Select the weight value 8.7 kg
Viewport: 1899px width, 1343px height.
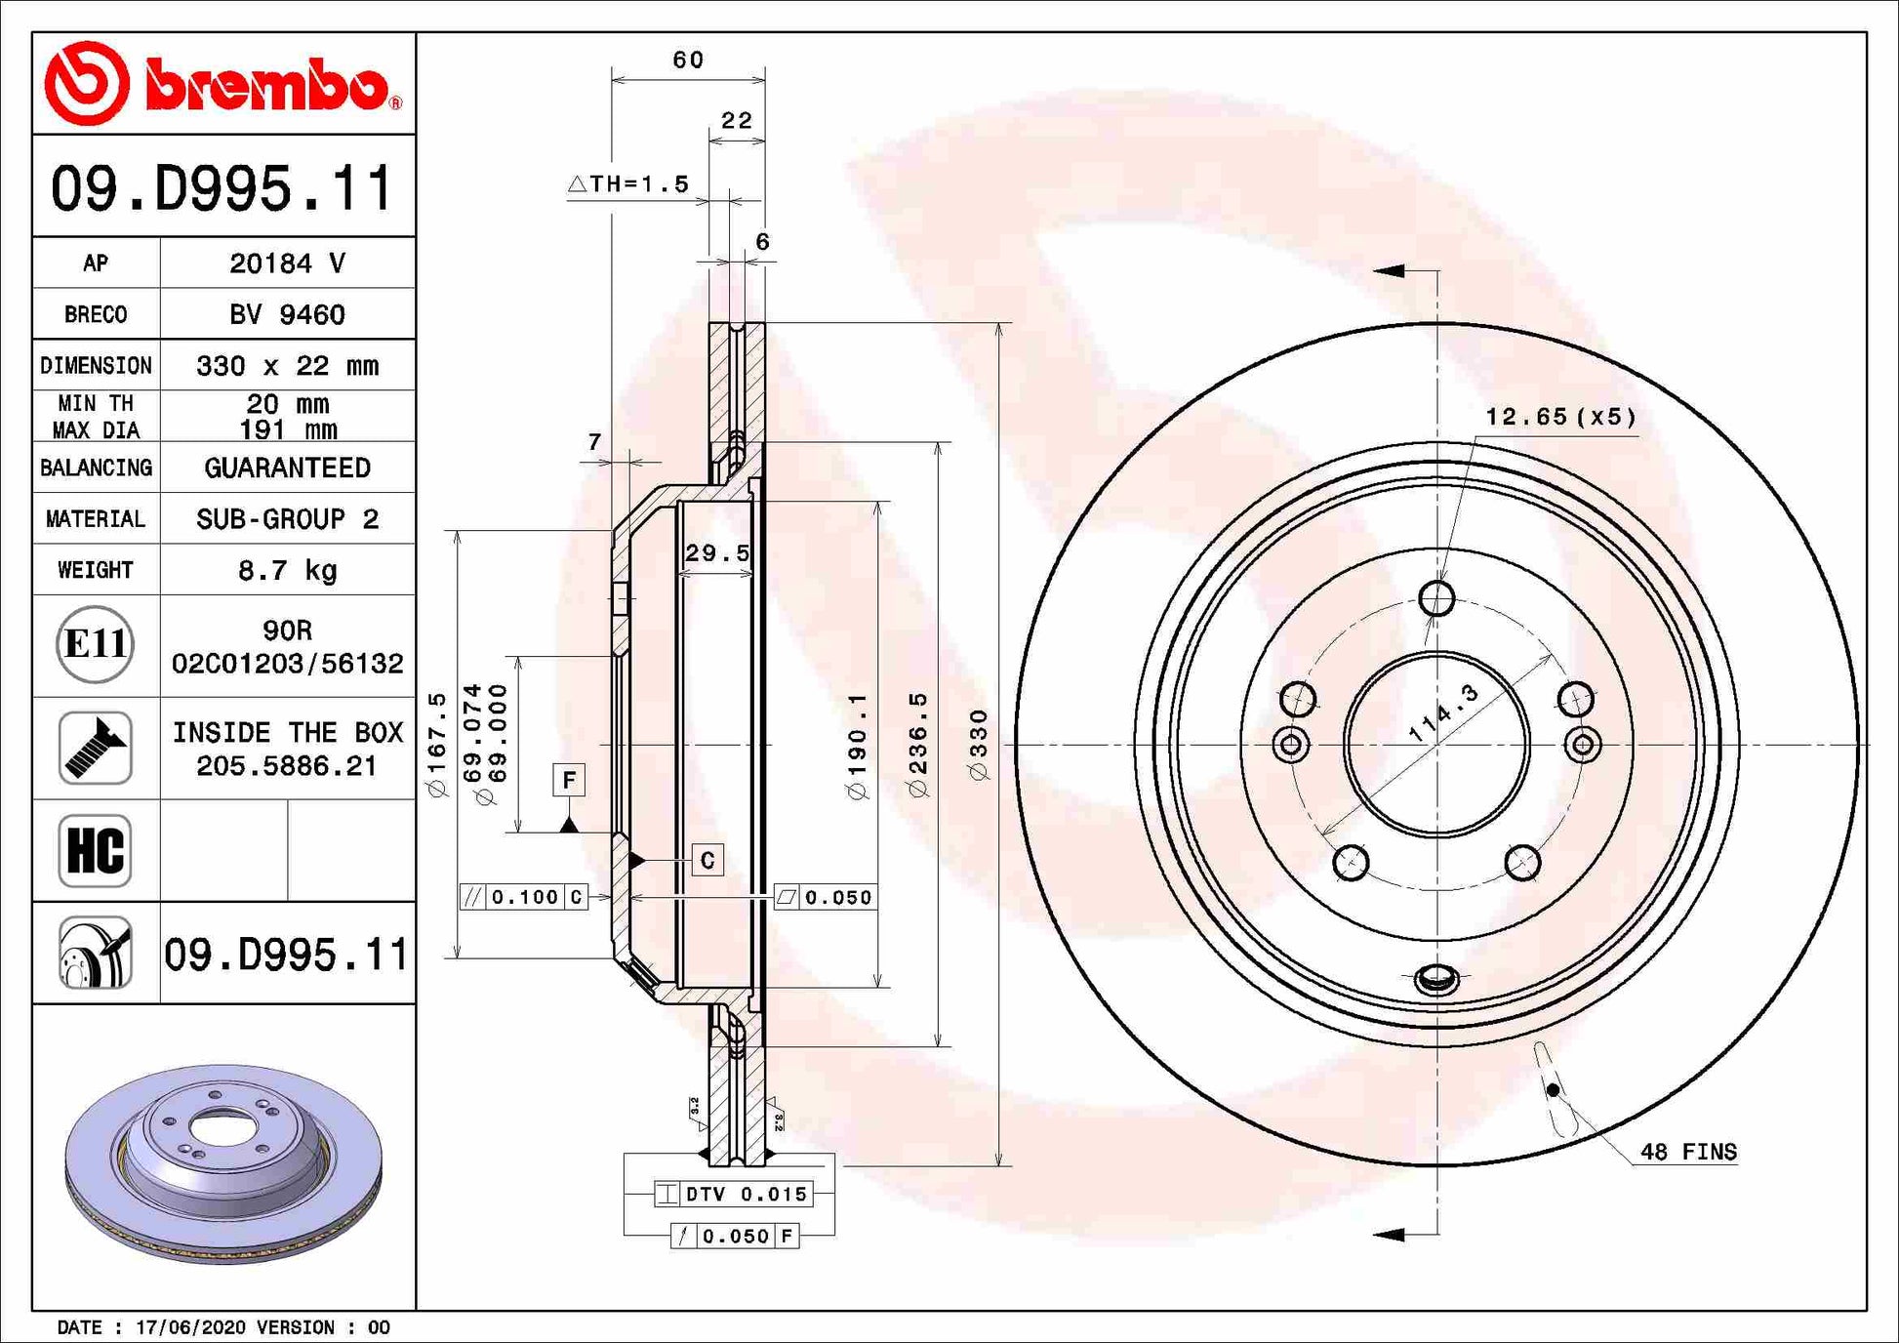click(287, 570)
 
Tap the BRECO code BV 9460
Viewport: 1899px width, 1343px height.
click(287, 314)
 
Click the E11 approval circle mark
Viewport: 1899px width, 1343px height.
click(95, 644)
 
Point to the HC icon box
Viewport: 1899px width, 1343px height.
click(95, 850)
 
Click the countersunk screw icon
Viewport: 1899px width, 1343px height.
click(95, 749)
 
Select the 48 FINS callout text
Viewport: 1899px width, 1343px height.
click(1687, 1152)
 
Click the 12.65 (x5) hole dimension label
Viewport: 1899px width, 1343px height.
click(1559, 417)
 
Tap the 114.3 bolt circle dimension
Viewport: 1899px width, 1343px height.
click(1443, 713)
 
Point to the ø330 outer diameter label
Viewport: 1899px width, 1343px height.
click(978, 745)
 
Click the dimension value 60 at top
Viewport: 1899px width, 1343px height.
click(688, 61)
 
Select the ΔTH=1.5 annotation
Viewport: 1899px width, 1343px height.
click(628, 183)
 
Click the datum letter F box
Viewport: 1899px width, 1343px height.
click(569, 779)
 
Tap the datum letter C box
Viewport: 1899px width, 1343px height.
click(707, 860)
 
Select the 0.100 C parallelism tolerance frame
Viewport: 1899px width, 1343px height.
click(524, 897)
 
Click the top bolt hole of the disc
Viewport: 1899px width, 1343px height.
click(1436, 597)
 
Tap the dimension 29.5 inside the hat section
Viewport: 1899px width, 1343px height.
click(717, 553)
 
